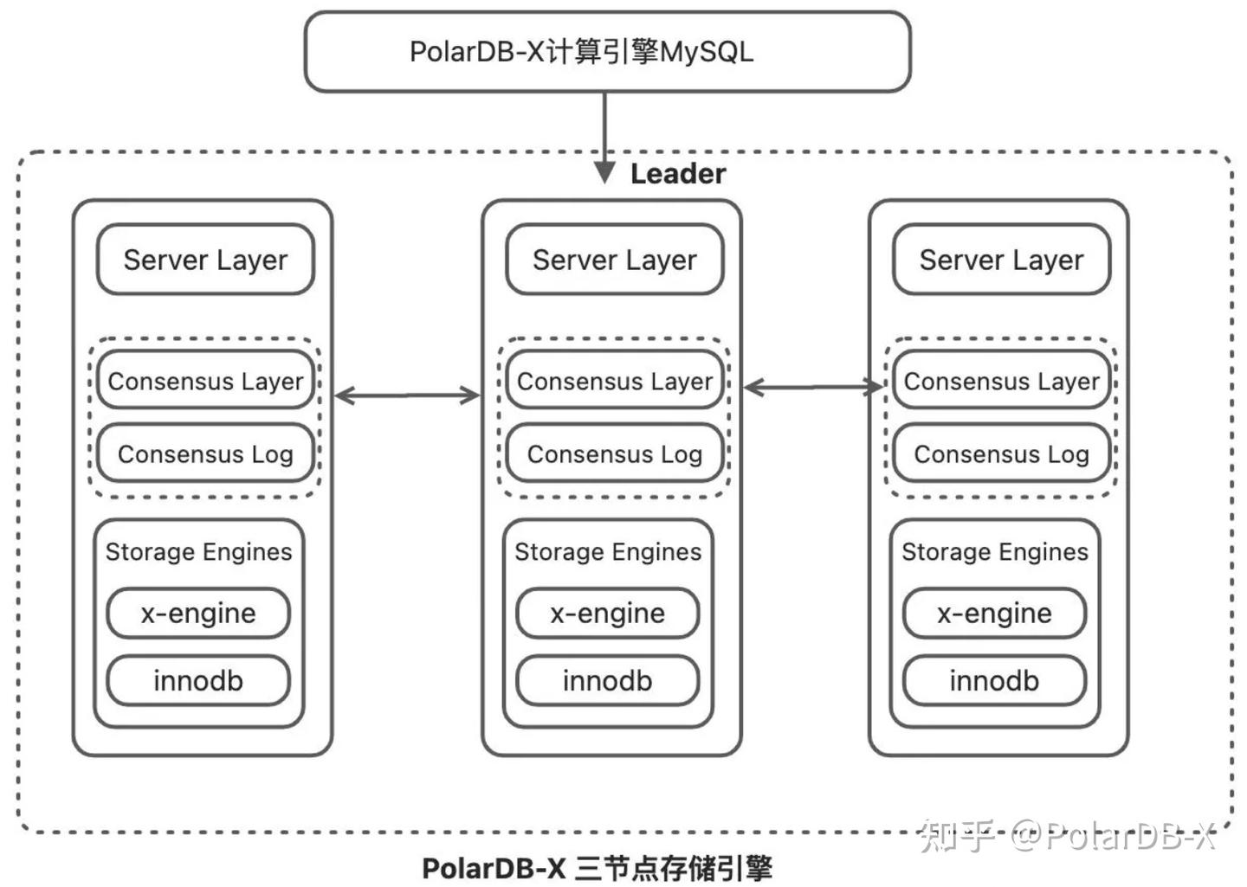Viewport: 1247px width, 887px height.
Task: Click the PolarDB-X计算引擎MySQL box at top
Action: pyautogui.click(x=606, y=51)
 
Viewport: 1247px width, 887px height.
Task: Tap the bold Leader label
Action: pyautogui.click(x=677, y=174)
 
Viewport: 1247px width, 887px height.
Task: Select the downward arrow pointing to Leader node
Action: pyautogui.click(x=604, y=138)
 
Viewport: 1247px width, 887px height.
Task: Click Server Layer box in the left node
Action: pyautogui.click(x=205, y=260)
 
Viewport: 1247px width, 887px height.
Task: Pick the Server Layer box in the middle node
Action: pyautogui.click(x=614, y=260)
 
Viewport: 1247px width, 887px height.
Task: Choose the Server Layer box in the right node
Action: pyautogui.click(x=1001, y=260)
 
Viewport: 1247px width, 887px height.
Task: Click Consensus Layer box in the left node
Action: pyautogui.click(x=205, y=381)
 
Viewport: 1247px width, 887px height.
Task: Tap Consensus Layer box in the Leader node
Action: pyautogui.click(x=614, y=381)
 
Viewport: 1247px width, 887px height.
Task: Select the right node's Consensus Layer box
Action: pyautogui.click(x=1001, y=381)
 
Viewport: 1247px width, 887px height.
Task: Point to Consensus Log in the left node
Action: pyautogui.click(x=205, y=453)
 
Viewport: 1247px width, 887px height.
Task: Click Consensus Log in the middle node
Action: pyautogui.click(x=614, y=453)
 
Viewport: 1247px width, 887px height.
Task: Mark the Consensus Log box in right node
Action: pyautogui.click(x=1001, y=453)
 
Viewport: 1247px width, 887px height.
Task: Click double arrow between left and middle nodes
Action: pyautogui.click(x=407, y=395)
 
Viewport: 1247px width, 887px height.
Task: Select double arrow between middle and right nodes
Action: pyautogui.click(x=812, y=388)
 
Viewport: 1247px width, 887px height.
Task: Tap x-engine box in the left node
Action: pyautogui.click(x=198, y=614)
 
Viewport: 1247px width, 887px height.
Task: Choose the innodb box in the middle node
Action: pyautogui.click(x=607, y=680)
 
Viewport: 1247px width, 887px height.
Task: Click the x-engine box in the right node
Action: pyautogui.click(x=994, y=614)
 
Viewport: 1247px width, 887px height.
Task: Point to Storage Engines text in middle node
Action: pyautogui.click(x=607, y=552)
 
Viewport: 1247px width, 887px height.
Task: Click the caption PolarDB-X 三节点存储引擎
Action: pyautogui.click(x=597, y=868)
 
